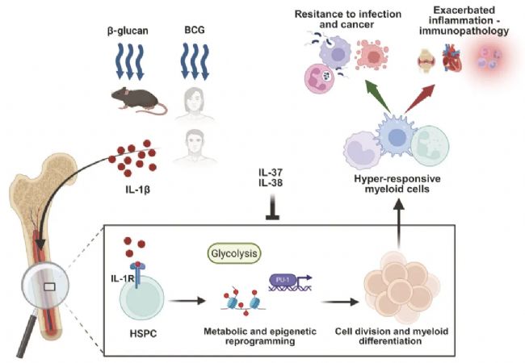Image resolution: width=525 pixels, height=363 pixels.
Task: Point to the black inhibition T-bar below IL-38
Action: click(x=267, y=212)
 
